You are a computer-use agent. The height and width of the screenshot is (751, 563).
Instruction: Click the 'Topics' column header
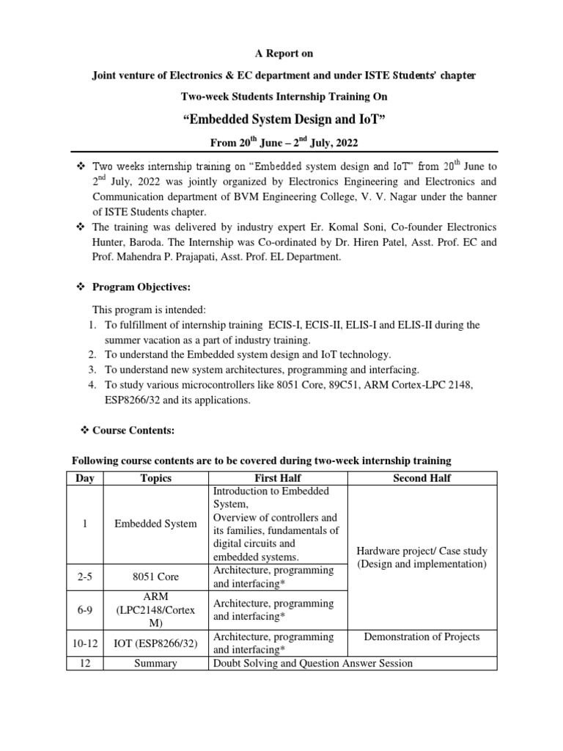[x=155, y=478]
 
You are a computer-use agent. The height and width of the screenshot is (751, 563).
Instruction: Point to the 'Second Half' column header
[x=422, y=478]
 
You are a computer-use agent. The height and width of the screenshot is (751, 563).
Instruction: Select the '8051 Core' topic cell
[x=155, y=576]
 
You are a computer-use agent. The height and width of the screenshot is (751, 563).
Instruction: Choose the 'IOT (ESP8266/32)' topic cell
[x=155, y=642]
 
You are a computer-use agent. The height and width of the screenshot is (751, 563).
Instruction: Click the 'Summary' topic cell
[x=155, y=663]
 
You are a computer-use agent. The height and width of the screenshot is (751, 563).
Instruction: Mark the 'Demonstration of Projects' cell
[x=422, y=636]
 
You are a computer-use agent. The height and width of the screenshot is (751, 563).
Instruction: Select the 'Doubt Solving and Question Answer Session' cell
[x=313, y=663]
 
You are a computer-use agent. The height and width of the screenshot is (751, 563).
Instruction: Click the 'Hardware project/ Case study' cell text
[x=422, y=551]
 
